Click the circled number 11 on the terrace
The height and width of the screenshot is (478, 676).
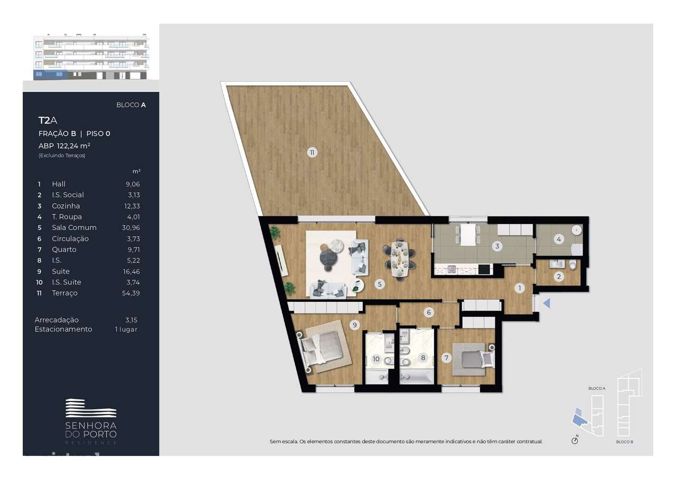312,153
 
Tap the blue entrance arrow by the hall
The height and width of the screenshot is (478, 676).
547,303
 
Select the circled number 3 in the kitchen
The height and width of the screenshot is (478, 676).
497,246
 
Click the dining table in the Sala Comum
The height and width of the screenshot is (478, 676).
400,258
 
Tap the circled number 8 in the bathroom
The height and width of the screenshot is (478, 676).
422,358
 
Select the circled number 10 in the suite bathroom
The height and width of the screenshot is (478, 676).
376,359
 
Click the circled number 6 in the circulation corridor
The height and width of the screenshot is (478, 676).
429,312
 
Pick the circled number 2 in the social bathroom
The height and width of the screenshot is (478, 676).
559,276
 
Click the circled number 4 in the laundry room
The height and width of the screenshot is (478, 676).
557,239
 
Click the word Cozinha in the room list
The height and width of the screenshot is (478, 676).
66,206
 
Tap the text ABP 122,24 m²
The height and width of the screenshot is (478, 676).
64,146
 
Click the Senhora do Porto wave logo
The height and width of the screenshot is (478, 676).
91,409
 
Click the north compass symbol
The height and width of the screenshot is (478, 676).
575,440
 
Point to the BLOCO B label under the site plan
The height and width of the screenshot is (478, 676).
625,442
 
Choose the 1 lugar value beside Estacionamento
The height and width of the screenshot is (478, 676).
126,329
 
